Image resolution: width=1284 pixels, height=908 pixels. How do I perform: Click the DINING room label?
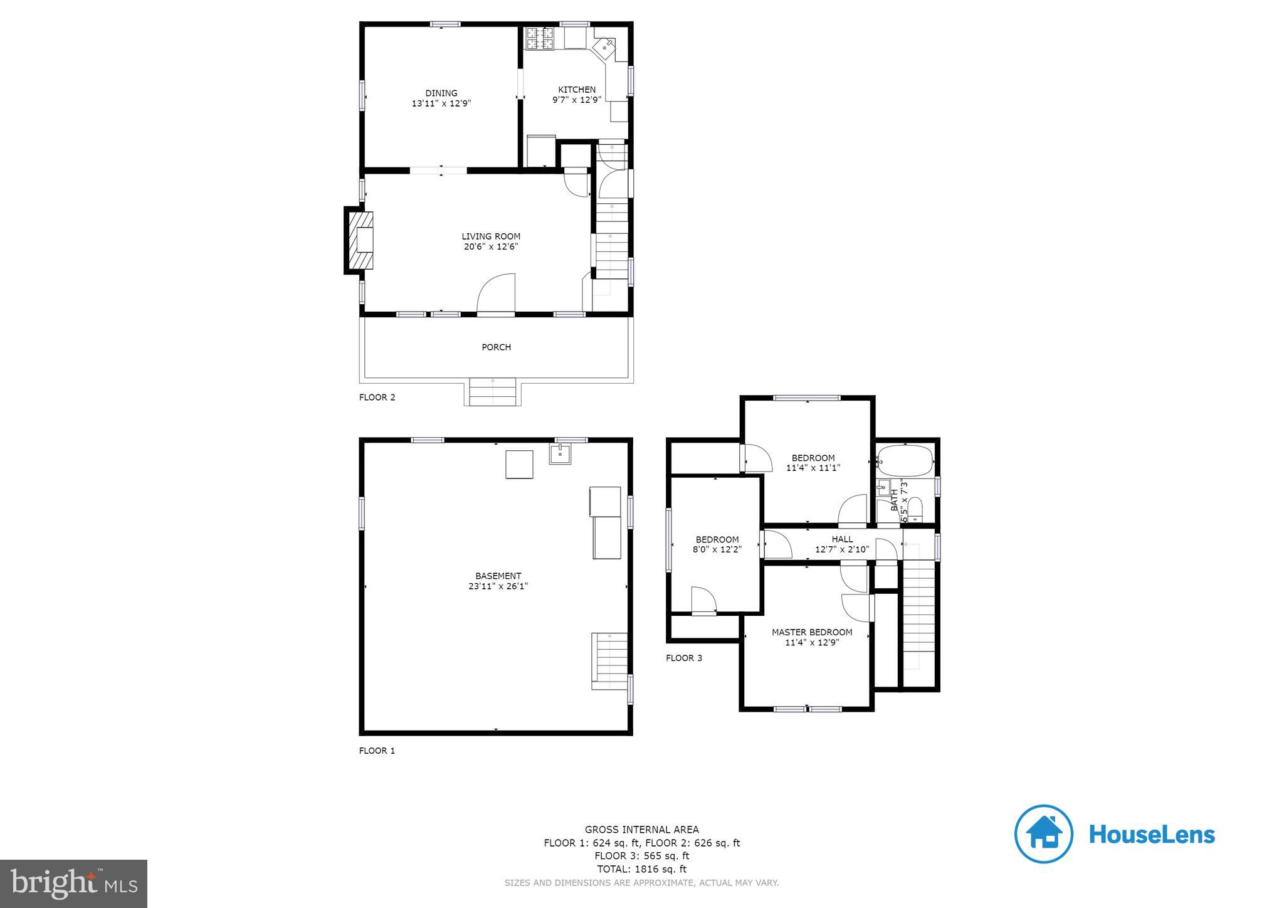click(441, 93)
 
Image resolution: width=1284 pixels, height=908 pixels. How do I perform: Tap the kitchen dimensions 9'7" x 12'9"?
click(576, 100)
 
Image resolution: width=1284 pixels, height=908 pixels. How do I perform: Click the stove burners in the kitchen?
click(539, 38)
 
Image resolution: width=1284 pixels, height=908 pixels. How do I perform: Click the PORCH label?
click(496, 347)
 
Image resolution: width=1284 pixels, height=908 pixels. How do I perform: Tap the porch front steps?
click(493, 392)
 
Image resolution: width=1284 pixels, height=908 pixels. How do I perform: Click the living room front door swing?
click(496, 293)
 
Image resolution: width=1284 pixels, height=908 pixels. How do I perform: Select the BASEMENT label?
click(498, 576)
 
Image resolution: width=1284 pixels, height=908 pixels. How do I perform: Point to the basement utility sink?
click(560, 453)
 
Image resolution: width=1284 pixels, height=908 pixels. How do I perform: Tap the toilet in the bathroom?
click(916, 509)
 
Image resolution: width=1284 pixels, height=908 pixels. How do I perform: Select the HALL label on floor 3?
click(842, 539)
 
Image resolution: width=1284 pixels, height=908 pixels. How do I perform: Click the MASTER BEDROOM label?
click(811, 632)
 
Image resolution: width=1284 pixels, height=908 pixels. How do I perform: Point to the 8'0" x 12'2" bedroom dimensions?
click(717, 549)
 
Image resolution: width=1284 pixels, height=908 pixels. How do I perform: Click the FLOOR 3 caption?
click(683, 658)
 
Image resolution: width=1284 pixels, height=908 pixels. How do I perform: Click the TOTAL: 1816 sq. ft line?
click(641, 869)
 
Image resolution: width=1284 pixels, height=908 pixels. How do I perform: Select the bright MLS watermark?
click(73, 884)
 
